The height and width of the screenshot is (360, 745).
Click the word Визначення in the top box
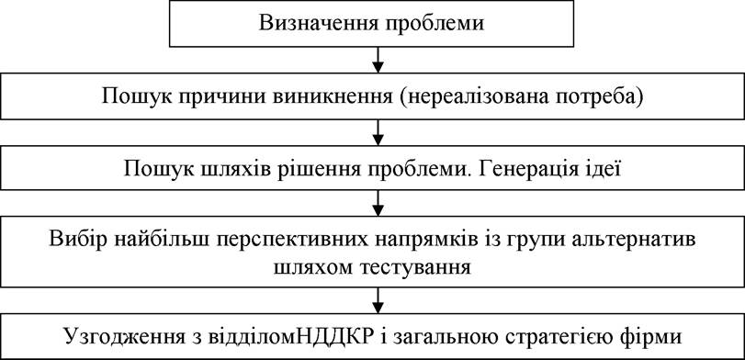318,23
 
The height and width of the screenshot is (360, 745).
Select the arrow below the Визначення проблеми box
378,59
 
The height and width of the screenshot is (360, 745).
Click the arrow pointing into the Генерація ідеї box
378,132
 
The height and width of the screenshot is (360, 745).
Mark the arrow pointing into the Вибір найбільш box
378,202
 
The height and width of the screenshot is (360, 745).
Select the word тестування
417,268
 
